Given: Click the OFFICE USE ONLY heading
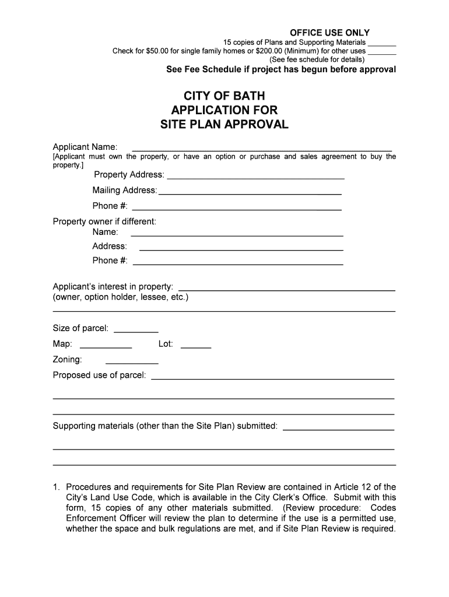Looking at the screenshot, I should (329, 33).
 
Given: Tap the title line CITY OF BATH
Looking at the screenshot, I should (224, 96).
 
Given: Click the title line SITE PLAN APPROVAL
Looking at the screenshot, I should (224, 124).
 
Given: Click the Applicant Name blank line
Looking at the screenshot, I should (262, 150).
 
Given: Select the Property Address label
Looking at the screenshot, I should (129, 175).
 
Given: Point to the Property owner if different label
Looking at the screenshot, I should (104, 222).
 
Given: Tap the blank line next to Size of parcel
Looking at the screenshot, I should (136, 331).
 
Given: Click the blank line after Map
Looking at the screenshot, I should (106, 347).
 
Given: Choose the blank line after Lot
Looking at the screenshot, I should (196, 347).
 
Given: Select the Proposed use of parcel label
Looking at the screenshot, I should (99, 375).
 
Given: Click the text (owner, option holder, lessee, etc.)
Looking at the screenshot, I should (121, 297).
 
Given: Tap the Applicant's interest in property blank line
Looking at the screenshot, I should (286, 289).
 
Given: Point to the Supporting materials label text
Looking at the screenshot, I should (165, 426).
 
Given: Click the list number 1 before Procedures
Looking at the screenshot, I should (56, 487).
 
